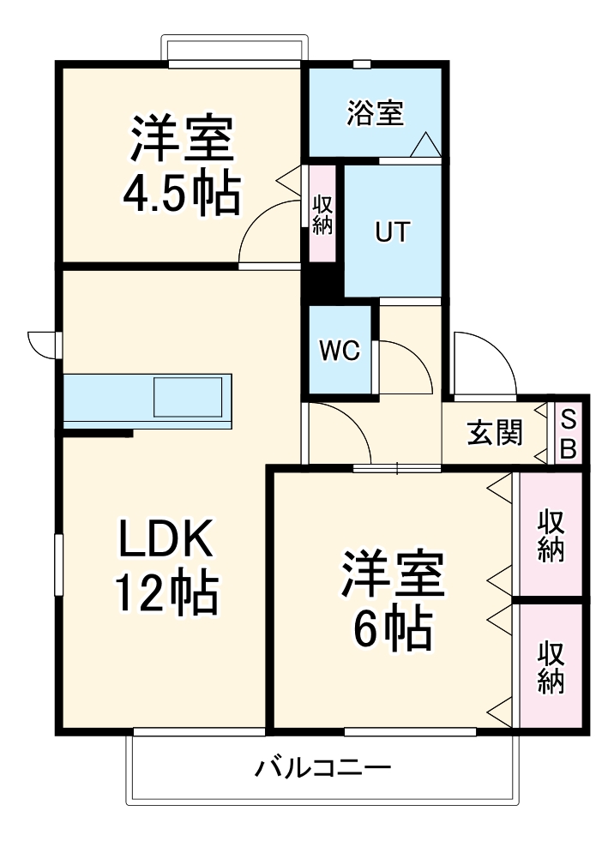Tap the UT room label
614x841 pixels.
coord(393,231)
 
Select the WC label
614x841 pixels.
coord(340,351)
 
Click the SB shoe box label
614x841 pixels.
coord(568,434)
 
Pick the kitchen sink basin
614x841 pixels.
coord(188,397)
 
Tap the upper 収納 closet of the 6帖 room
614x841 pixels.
coord(551,534)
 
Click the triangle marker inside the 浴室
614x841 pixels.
coord(426,144)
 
